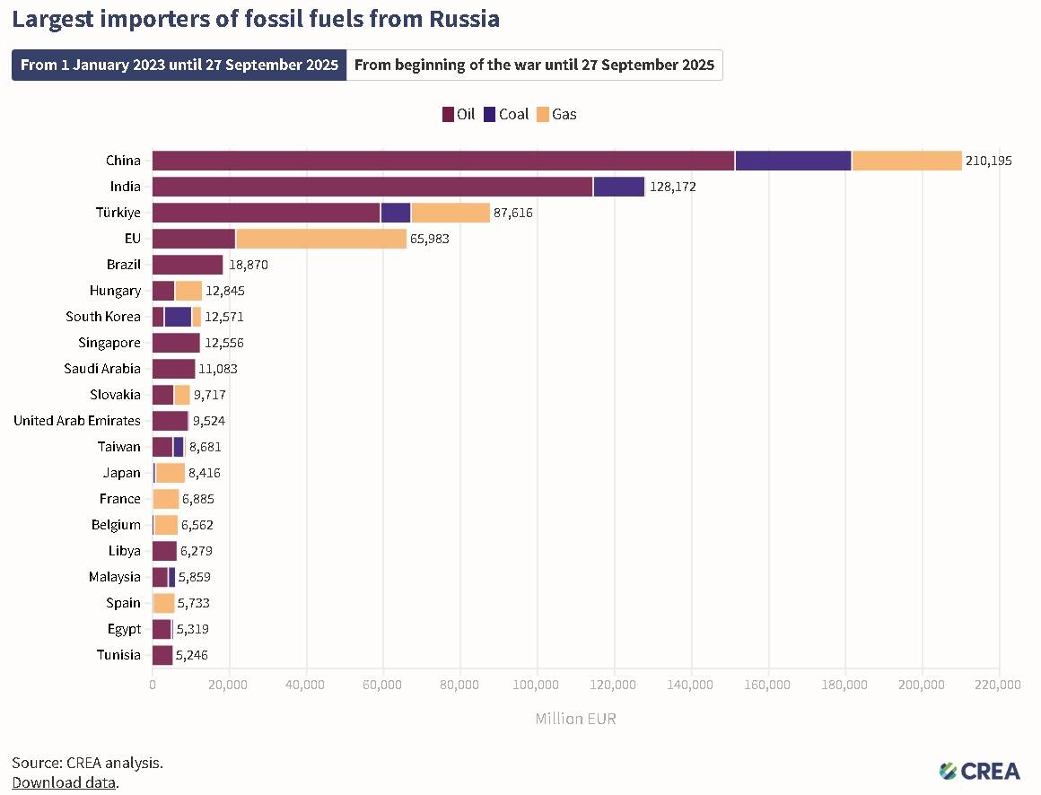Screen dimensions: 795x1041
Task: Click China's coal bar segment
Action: (x=793, y=161)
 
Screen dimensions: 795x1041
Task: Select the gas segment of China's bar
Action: (x=906, y=161)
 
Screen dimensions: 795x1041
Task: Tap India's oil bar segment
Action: (x=372, y=187)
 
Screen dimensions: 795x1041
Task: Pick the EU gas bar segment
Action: (x=320, y=239)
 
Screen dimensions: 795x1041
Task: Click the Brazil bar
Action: (x=188, y=265)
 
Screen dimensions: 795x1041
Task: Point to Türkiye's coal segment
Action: (x=396, y=213)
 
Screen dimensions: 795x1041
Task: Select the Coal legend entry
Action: (x=506, y=114)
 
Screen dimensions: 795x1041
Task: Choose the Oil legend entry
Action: (x=459, y=114)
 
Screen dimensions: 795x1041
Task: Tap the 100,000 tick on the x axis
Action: (x=537, y=685)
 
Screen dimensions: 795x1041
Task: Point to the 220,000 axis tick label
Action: (x=998, y=685)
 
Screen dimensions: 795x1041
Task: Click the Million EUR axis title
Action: (x=575, y=719)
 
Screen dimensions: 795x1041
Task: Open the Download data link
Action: (x=64, y=782)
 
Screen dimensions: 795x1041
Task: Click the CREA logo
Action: (x=979, y=770)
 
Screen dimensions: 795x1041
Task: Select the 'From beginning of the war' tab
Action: (x=534, y=65)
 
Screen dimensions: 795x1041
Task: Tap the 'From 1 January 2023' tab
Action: (x=179, y=65)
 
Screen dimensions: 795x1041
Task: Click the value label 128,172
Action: (x=672, y=187)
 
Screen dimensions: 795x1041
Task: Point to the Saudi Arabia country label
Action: (x=102, y=369)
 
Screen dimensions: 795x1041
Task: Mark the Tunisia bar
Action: (x=162, y=655)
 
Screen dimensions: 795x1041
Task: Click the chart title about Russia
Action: (x=256, y=18)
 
